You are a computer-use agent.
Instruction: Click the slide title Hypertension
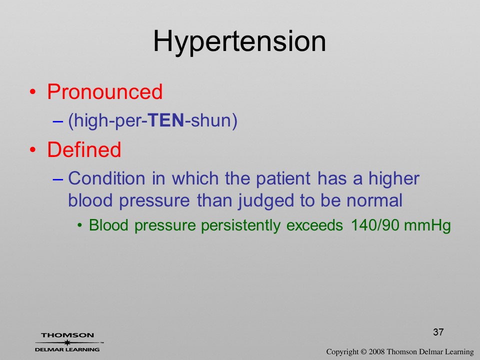coord(239,42)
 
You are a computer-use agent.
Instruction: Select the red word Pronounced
coord(104,91)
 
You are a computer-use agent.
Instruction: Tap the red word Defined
coord(84,149)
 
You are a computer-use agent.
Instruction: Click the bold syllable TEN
coord(166,120)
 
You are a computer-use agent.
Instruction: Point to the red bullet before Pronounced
coord(33,92)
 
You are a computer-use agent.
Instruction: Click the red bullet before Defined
coord(33,150)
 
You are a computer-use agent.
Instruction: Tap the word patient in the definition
coord(283,179)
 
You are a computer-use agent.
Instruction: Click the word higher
coord(393,179)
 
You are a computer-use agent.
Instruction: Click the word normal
coord(374,200)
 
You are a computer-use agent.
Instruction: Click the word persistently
coord(240,226)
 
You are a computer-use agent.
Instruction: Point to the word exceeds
coord(314,225)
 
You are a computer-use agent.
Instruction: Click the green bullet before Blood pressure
coord(80,226)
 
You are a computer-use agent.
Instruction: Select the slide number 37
coord(438,332)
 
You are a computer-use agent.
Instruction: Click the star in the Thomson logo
coord(67,342)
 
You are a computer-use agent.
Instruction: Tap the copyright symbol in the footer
coord(363,351)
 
